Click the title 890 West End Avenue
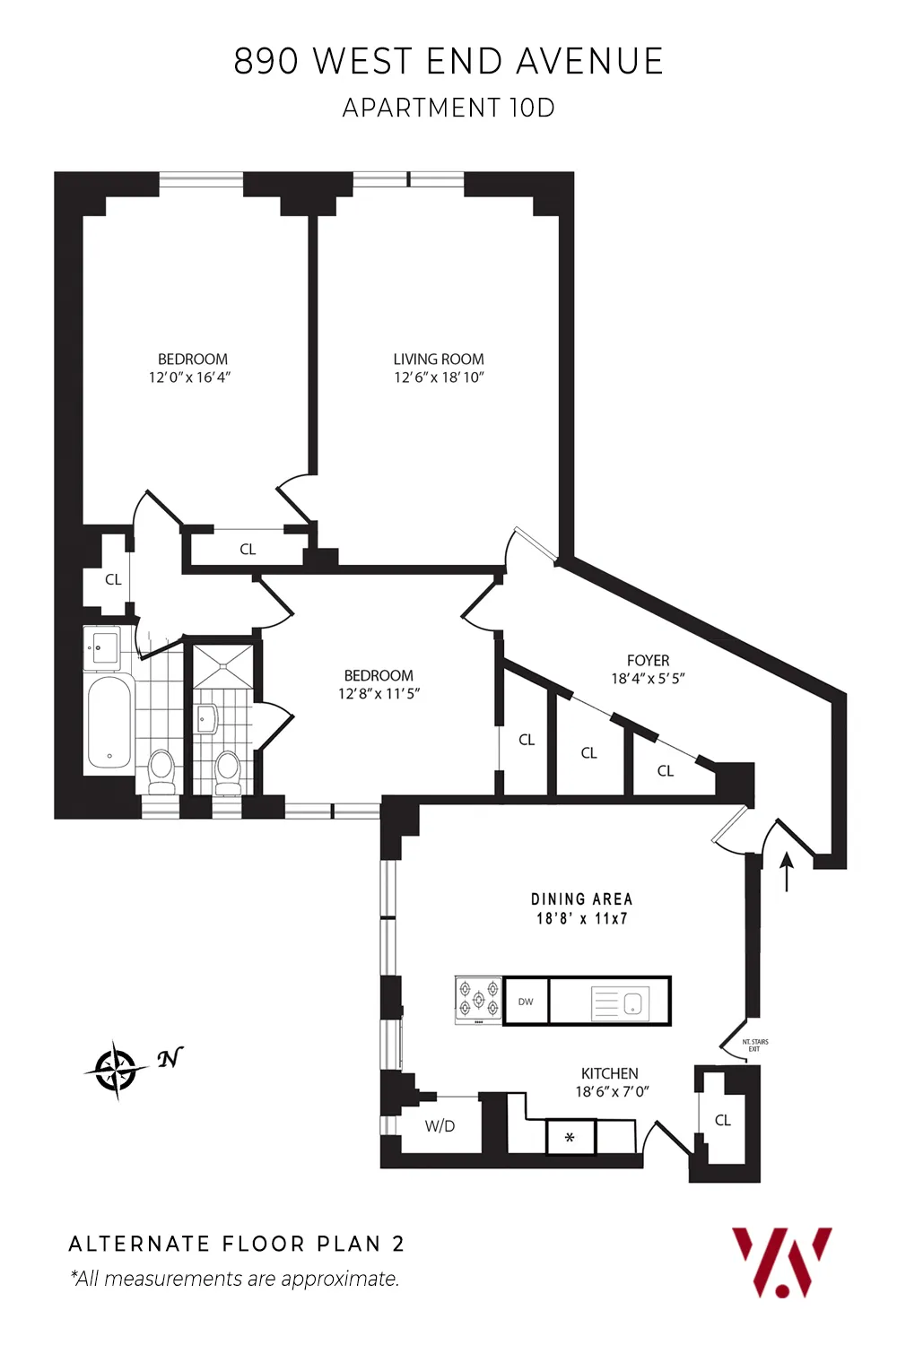click(448, 62)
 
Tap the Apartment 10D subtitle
click(448, 108)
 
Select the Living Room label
click(439, 359)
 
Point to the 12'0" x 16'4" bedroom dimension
click(189, 377)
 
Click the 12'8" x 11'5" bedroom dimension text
click(379, 694)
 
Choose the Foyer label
click(648, 660)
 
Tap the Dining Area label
click(581, 899)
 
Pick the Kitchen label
click(610, 1073)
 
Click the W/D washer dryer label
click(440, 1126)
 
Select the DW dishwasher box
click(526, 1002)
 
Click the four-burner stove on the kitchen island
click(478, 1000)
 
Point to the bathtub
click(109, 723)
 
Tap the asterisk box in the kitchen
click(570, 1138)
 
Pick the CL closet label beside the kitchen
click(723, 1120)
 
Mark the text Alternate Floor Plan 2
click(237, 1244)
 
